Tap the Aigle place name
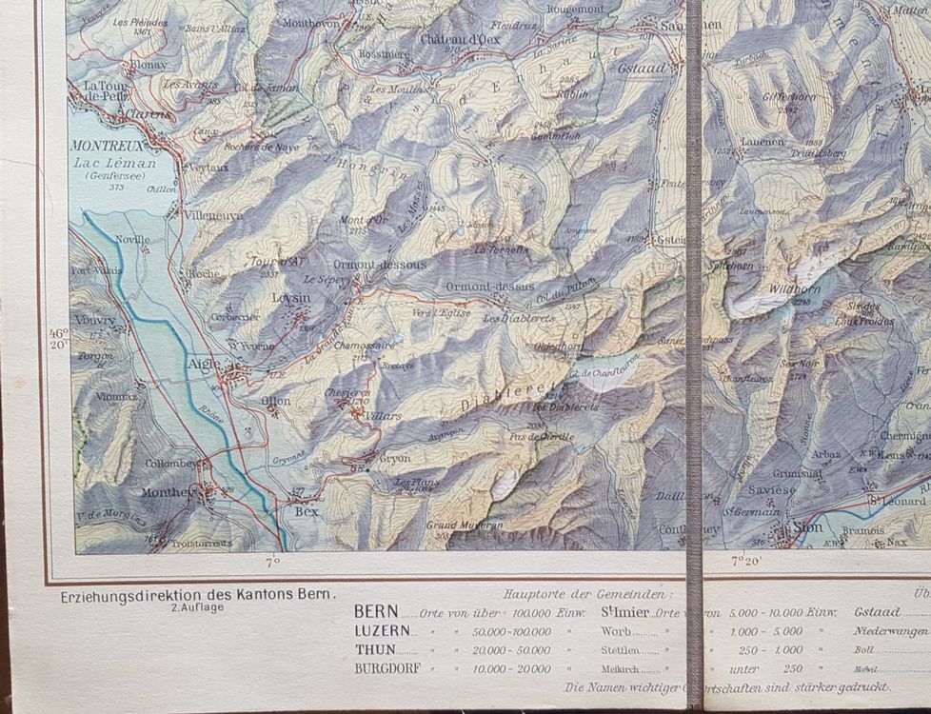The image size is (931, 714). click(x=204, y=364)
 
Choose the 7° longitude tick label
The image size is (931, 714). click(x=273, y=564)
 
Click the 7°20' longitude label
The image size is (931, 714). click(x=747, y=564)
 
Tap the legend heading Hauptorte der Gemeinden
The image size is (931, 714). click(x=584, y=593)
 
